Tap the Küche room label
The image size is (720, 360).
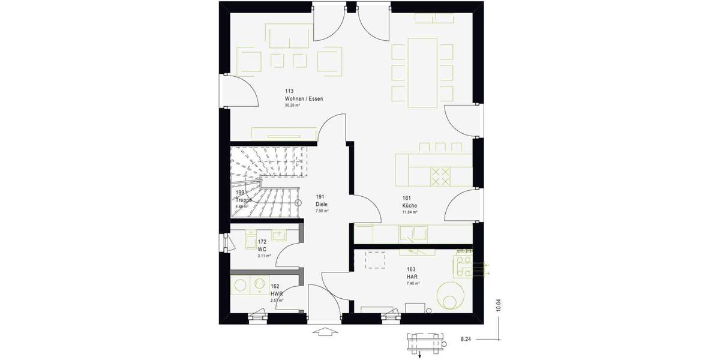click(409, 205)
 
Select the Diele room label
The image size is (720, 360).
click(322, 204)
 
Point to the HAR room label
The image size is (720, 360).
click(412, 277)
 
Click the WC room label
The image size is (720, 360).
click(262, 249)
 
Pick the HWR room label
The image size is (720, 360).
click(276, 293)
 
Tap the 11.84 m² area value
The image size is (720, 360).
click(410, 212)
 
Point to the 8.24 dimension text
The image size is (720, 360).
click(466, 340)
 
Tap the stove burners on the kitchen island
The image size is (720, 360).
click(441, 176)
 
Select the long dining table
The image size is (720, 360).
click(424, 72)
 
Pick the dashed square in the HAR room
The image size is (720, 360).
click(377, 260)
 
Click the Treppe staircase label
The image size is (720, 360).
click(243, 200)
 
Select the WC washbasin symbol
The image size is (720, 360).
click(250, 240)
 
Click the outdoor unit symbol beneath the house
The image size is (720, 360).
click(425, 341)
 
